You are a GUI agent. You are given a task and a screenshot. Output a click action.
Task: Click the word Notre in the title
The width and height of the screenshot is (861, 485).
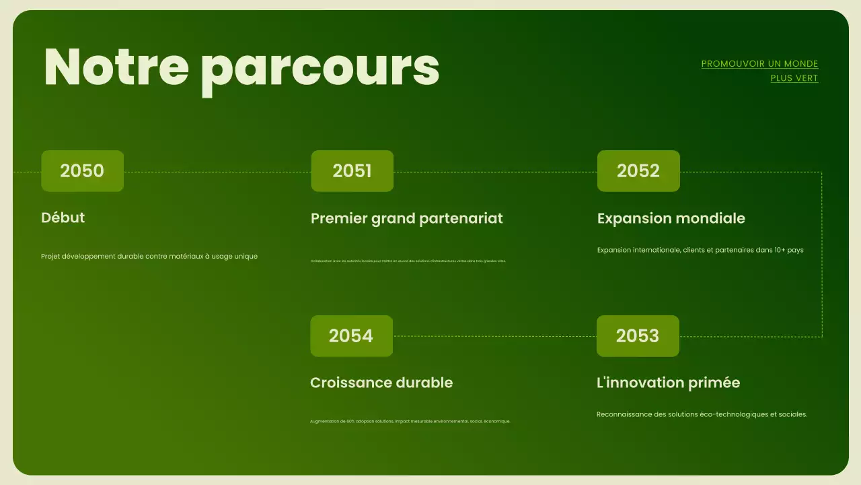116,67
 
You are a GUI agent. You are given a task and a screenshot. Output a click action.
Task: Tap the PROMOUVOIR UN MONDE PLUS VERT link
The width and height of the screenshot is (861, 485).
759,71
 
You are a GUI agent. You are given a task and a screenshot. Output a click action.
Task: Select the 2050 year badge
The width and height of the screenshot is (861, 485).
82,171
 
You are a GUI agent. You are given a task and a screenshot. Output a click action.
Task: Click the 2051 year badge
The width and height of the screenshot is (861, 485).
352,171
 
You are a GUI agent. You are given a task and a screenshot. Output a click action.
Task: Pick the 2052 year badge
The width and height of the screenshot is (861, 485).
638,171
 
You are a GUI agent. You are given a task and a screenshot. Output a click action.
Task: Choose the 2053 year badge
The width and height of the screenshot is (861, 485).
638,335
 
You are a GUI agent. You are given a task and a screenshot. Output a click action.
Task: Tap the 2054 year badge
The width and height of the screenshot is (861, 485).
351,335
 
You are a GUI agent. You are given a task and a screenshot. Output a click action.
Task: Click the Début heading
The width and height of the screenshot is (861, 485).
63,218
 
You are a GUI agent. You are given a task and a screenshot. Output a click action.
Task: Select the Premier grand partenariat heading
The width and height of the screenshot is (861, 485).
406,218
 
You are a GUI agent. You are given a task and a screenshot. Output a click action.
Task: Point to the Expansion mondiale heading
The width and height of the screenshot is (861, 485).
671,218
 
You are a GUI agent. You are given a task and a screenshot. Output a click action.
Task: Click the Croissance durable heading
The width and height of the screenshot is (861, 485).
381,383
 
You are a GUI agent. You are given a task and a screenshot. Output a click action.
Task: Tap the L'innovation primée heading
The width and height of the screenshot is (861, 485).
668,383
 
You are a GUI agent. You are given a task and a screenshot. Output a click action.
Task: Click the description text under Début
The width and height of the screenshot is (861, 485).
149,256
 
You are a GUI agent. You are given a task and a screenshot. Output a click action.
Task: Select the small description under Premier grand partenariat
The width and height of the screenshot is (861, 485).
408,261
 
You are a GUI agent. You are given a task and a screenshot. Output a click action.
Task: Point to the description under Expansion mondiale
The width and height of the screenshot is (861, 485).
700,250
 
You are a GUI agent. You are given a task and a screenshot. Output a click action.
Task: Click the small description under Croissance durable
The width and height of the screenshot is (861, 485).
410,421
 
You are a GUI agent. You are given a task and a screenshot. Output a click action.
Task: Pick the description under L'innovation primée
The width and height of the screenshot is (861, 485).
702,414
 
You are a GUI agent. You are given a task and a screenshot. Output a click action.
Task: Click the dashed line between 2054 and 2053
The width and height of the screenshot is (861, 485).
494,336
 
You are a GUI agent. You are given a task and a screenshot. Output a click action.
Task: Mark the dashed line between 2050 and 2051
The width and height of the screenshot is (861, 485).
217,172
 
